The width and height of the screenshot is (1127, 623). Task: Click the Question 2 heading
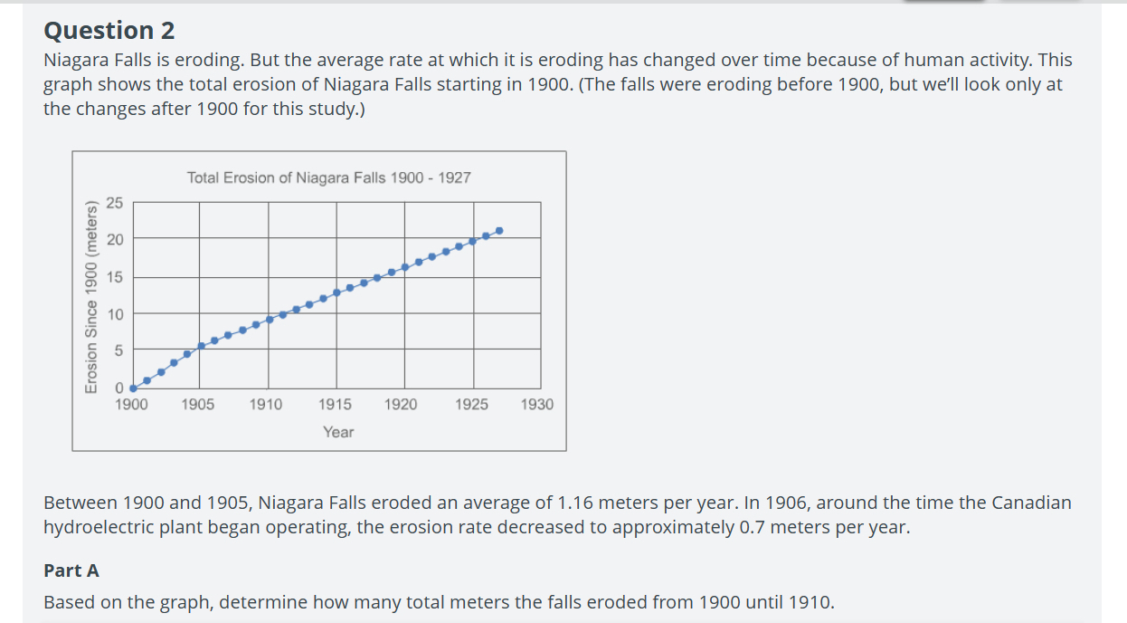(x=109, y=31)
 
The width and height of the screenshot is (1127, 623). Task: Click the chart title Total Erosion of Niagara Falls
(x=328, y=177)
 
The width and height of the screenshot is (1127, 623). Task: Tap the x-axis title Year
(x=338, y=432)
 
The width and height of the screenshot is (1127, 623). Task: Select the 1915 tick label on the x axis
(x=335, y=405)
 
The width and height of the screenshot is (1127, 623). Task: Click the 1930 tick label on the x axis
(x=537, y=405)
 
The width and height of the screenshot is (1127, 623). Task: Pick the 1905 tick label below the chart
(x=198, y=405)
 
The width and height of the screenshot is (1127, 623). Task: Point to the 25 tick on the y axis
(x=114, y=202)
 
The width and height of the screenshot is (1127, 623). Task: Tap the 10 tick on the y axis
(x=114, y=313)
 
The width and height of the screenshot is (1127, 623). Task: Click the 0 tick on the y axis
(x=118, y=388)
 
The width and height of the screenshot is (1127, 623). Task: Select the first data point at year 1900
(x=133, y=388)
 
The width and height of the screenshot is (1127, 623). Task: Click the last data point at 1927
(x=499, y=231)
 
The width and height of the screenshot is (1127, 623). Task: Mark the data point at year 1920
(x=404, y=267)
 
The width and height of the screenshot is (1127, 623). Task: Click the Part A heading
(x=71, y=570)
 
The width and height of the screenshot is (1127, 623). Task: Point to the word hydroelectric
(x=98, y=527)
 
